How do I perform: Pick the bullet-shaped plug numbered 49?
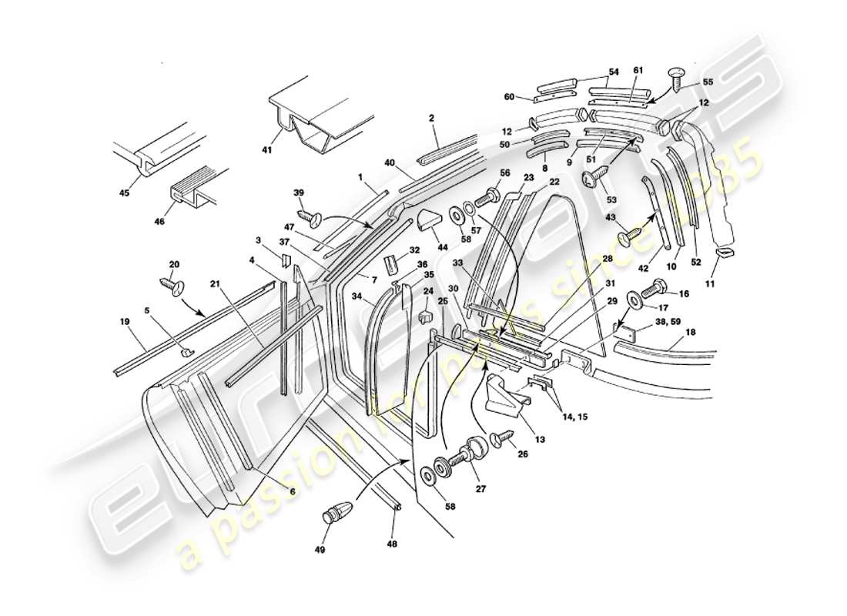point(338,511)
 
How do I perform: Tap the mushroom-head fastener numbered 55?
point(675,78)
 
